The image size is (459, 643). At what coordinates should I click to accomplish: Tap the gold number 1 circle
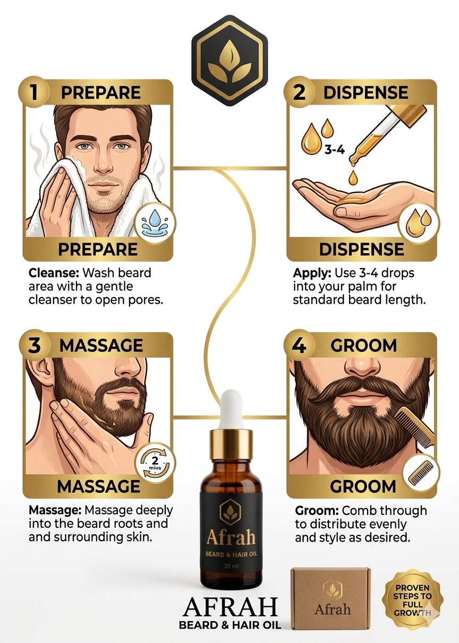click(34, 91)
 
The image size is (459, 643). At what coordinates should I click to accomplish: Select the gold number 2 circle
click(299, 91)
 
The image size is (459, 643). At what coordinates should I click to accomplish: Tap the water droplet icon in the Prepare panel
click(155, 223)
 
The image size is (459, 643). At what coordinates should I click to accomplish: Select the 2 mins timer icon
click(155, 461)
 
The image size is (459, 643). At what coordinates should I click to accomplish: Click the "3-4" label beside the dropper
click(334, 150)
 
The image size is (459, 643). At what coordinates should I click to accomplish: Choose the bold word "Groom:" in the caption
click(316, 511)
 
